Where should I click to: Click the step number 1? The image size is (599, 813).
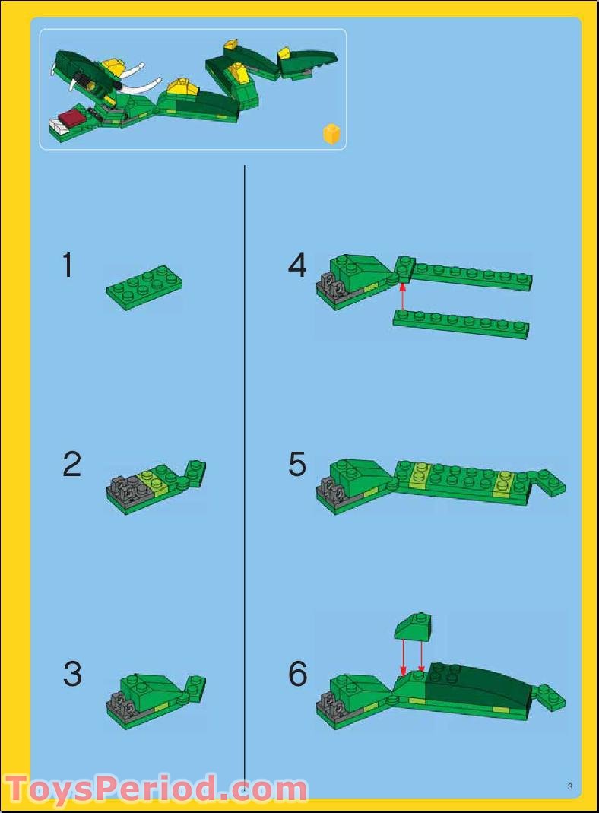(x=68, y=266)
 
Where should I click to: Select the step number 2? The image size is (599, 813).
(x=71, y=465)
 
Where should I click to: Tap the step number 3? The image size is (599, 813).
(x=71, y=674)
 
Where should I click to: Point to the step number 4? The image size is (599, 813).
(x=297, y=266)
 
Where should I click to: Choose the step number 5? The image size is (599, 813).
(x=297, y=465)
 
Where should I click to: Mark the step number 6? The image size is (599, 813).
(x=298, y=674)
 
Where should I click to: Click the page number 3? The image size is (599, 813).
(x=569, y=786)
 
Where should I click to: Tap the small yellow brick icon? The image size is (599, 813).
(x=332, y=135)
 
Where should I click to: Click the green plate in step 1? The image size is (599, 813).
(x=144, y=287)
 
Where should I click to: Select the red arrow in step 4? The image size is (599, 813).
(x=403, y=297)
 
